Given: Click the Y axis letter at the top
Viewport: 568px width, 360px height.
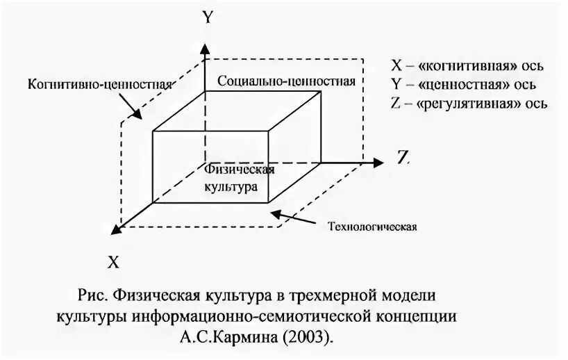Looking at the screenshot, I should pyautogui.click(x=206, y=18).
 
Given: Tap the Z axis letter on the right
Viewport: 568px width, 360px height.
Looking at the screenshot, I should pyautogui.click(x=403, y=157).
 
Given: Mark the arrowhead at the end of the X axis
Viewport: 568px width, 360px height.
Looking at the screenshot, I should pyautogui.click(x=119, y=225).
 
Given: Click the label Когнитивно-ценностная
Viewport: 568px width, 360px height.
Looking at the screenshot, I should pyautogui.click(x=100, y=84).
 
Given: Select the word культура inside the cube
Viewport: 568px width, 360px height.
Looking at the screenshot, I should pyautogui.click(x=231, y=186).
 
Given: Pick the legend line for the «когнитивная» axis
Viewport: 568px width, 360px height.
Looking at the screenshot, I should pyautogui.click(x=467, y=66).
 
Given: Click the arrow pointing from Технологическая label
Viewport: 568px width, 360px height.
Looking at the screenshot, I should pyautogui.click(x=295, y=217).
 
